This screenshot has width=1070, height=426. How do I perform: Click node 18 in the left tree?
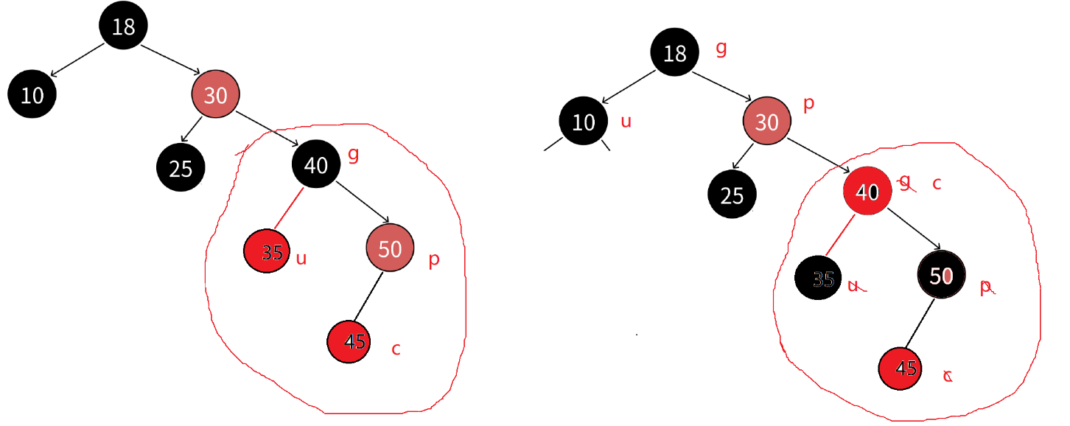click(123, 26)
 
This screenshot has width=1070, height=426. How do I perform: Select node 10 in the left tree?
click(32, 94)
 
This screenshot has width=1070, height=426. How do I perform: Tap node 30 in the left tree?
click(215, 94)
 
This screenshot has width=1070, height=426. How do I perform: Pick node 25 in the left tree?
click(181, 168)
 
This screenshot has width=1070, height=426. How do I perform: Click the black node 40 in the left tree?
click(315, 165)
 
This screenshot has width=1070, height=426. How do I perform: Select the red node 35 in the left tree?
click(267, 251)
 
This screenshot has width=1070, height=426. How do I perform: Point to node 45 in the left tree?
click(352, 341)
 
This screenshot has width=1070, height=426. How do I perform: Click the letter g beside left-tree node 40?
click(353, 155)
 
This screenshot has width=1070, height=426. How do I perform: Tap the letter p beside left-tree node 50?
click(434, 259)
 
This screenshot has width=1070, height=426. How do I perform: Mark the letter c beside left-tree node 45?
click(396, 349)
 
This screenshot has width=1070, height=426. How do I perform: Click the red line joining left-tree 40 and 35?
click(288, 209)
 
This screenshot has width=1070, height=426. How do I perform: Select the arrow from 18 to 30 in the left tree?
click(169, 59)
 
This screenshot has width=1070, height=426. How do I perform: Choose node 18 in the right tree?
click(674, 53)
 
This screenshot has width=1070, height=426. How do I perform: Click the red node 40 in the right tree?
click(867, 192)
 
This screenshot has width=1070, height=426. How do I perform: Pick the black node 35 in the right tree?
click(819, 279)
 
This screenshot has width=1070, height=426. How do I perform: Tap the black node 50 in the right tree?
click(941, 276)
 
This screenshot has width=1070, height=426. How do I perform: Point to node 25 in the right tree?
click(732, 195)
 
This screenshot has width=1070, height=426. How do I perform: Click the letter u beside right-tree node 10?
click(626, 121)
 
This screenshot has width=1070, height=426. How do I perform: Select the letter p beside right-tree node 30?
click(808, 103)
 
